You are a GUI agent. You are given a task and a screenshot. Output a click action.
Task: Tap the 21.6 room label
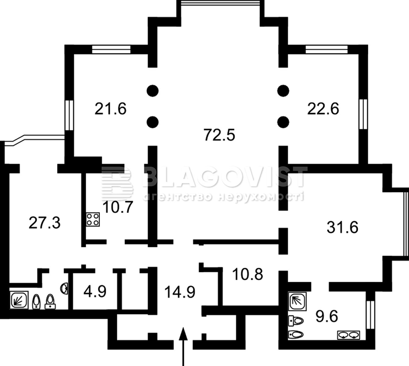point(111,109)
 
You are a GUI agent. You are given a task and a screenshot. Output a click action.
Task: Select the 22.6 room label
point(323,109)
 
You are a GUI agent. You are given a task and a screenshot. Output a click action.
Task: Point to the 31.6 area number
point(342,227)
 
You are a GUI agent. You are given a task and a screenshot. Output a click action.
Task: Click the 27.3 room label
point(44,223)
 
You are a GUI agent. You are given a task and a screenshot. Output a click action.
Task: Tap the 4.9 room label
point(95,291)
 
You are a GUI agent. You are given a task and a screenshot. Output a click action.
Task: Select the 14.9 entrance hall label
point(180,292)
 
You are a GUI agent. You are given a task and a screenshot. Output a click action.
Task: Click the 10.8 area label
point(248,274)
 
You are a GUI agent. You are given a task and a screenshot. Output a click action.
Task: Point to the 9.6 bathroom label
point(327,317)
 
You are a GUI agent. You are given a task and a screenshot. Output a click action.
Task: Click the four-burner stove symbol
point(93,219)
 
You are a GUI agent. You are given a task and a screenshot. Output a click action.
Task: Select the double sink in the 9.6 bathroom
point(348,335)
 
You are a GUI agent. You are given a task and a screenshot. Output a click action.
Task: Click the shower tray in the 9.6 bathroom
point(297,301)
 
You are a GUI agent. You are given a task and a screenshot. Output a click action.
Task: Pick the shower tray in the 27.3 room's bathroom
point(19,300)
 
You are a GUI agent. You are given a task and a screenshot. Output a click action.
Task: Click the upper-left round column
point(153,91)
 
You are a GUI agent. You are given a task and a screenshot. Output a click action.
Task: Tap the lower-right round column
point(283,122)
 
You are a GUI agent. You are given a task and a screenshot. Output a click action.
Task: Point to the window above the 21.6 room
point(111,49)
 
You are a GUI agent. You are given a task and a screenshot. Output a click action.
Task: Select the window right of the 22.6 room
point(363,114)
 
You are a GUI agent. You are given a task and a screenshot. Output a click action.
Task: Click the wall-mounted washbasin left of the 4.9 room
point(65,288)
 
